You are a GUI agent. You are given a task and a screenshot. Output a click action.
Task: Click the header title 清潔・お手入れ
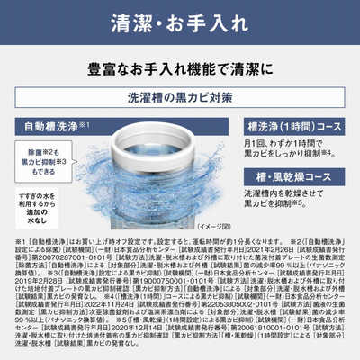coord(180,21)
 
